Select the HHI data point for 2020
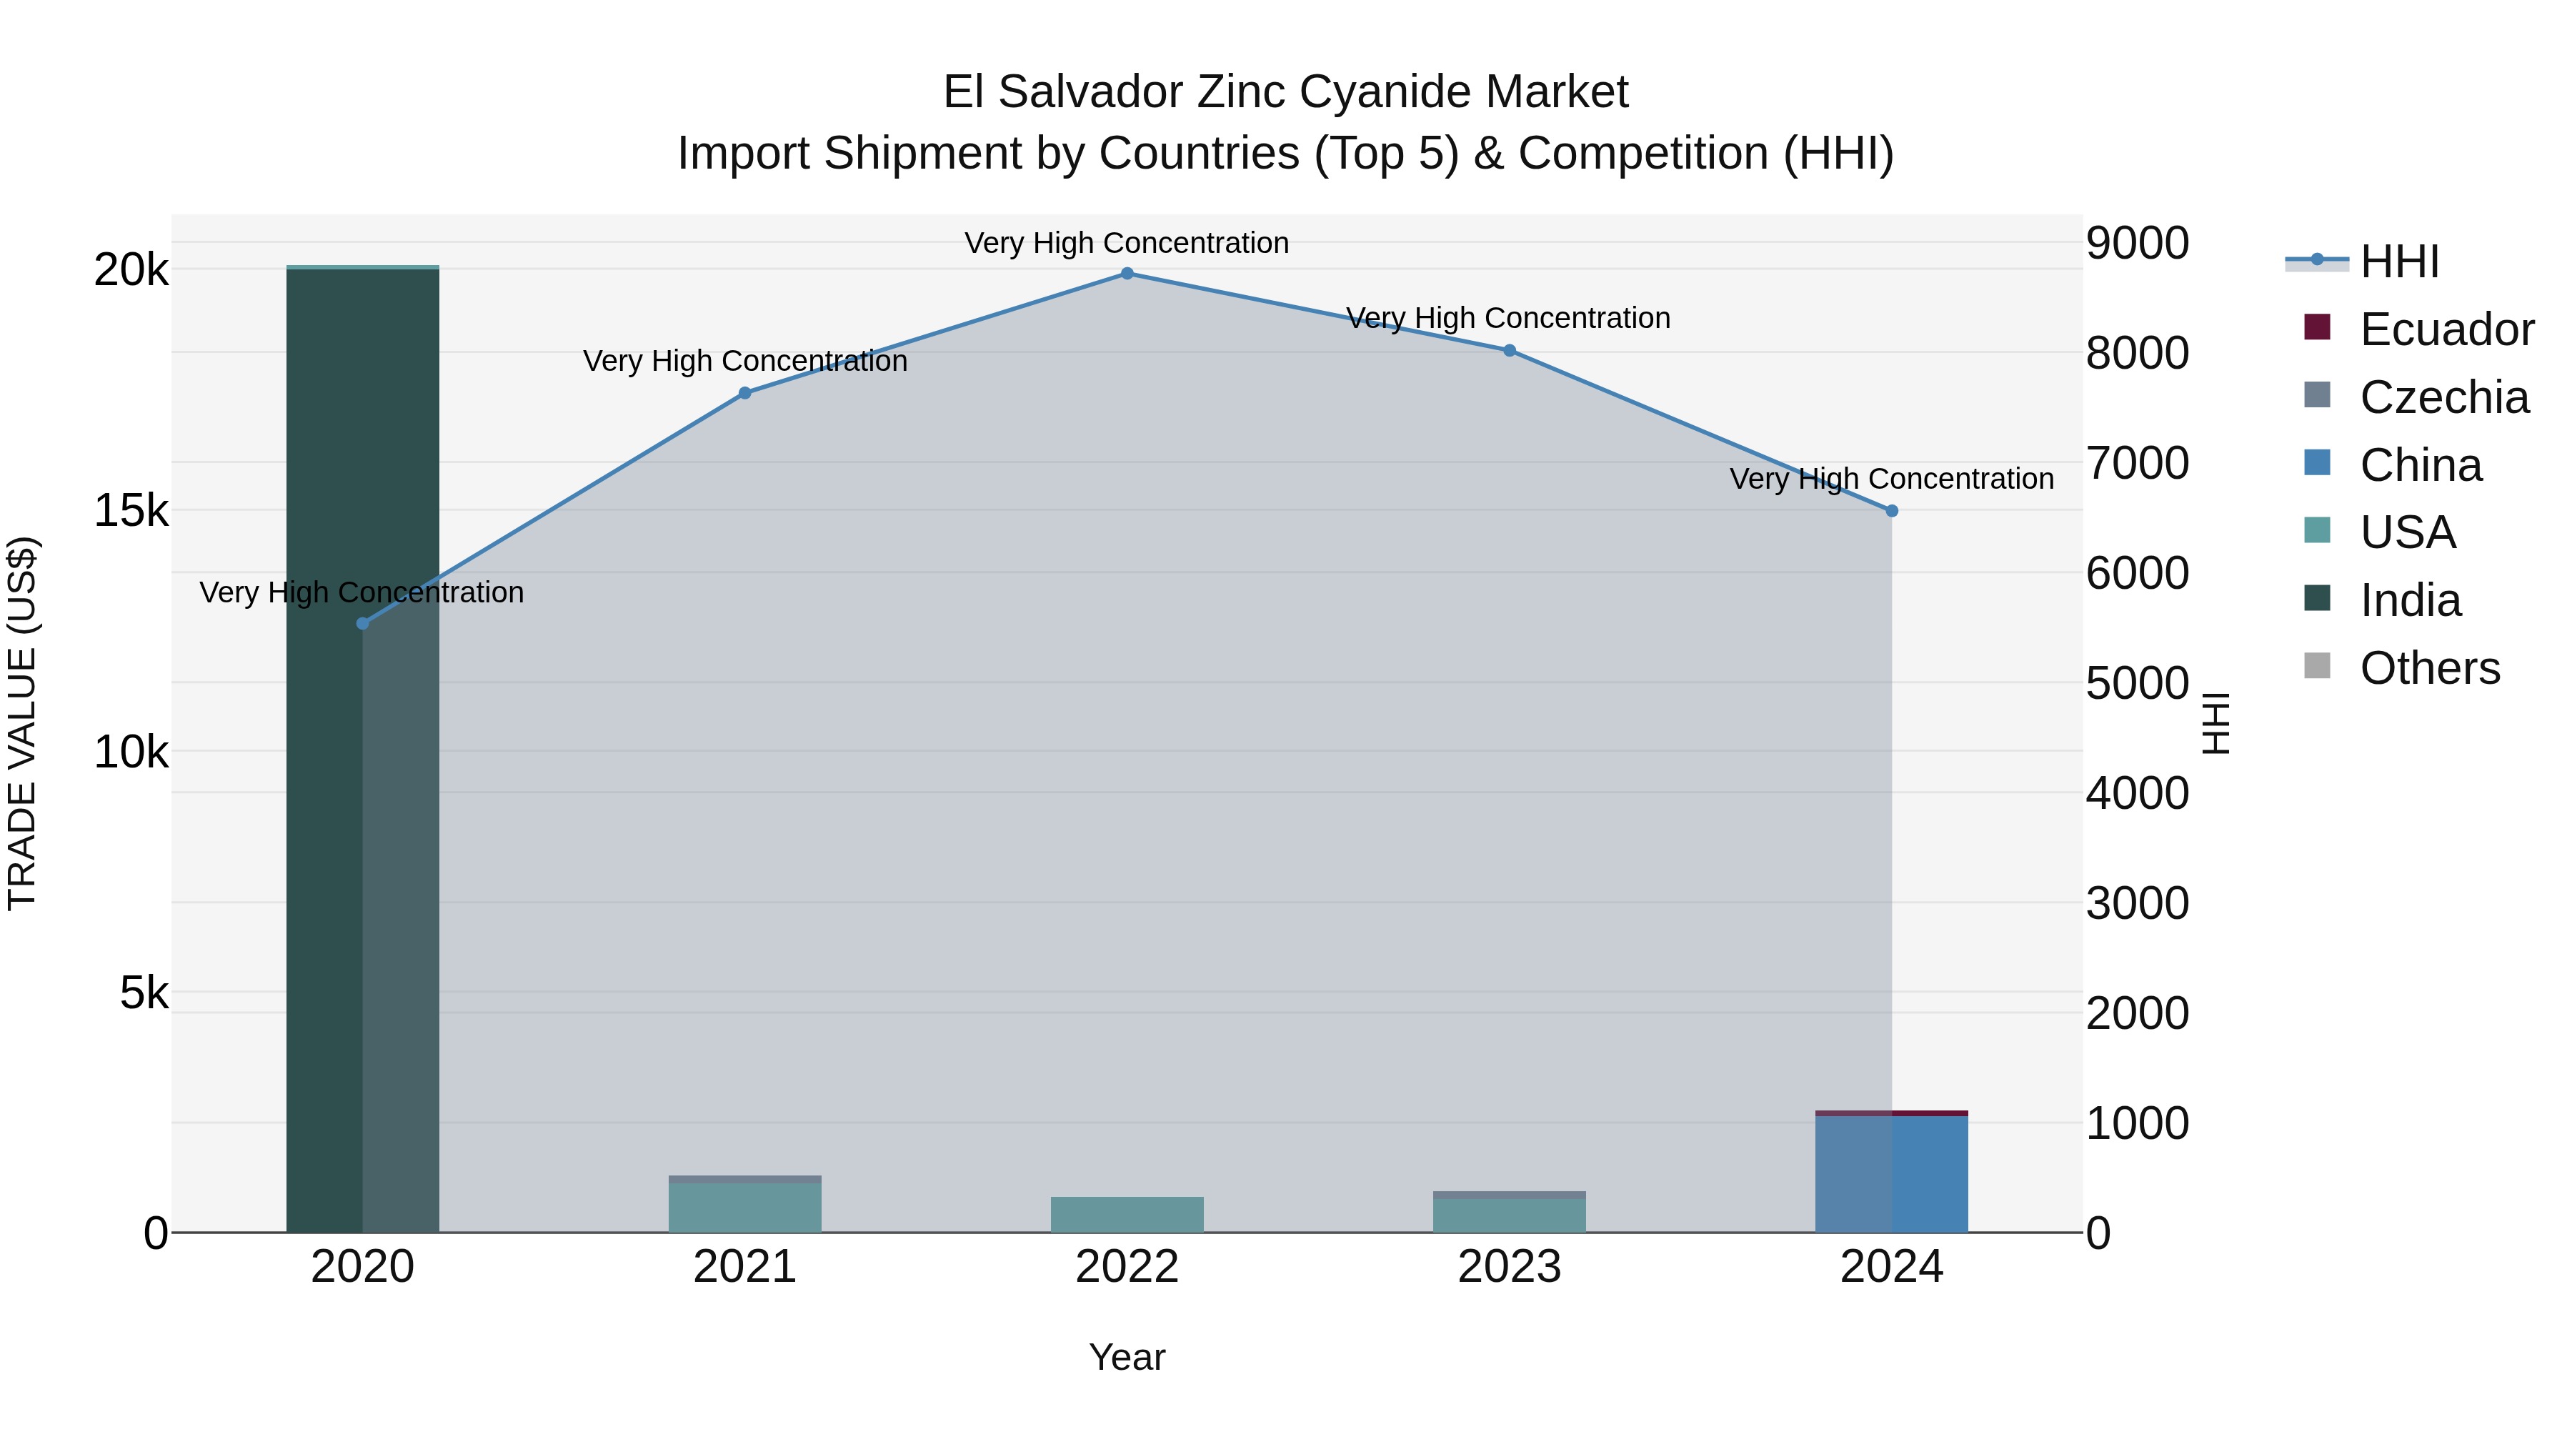click(x=362, y=623)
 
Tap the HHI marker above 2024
click(x=1891, y=510)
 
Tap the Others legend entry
click(x=2428, y=668)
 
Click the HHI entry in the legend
click(x=2398, y=262)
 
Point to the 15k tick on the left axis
click(x=131, y=512)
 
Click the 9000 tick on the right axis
click(x=2137, y=243)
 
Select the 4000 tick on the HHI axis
click(x=2137, y=794)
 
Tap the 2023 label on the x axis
click(x=1509, y=1267)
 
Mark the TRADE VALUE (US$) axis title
click(x=23, y=723)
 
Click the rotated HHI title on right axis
click(x=2215, y=723)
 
